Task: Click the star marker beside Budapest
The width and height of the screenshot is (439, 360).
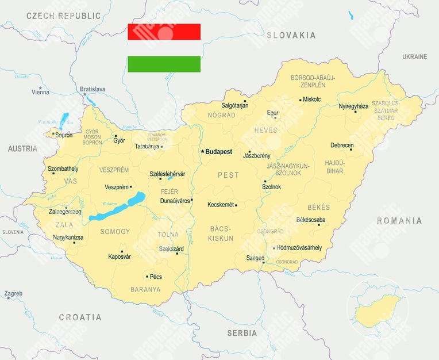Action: click(x=202, y=152)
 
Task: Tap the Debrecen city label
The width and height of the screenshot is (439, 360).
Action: click(x=342, y=145)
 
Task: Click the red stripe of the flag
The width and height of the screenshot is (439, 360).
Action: click(x=164, y=32)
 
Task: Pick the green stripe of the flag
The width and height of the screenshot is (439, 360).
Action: click(x=164, y=64)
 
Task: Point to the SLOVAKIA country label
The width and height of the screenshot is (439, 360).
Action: click(x=291, y=35)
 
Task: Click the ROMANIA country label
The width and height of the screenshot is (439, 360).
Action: click(x=399, y=220)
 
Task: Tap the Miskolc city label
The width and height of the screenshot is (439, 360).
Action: click(x=312, y=99)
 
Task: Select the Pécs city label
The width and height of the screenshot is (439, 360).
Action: click(x=156, y=277)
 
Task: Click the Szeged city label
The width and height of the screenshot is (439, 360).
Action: click(x=255, y=258)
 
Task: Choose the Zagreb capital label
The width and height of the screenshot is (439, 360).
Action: click(x=13, y=293)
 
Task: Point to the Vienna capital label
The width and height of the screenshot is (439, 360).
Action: click(x=40, y=92)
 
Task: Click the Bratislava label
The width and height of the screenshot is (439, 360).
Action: click(x=93, y=89)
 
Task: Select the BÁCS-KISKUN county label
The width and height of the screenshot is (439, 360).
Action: click(x=221, y=233)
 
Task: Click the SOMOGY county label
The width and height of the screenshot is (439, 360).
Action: click(x=115, y=232)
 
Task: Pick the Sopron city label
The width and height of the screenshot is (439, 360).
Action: click(x=64, y=135)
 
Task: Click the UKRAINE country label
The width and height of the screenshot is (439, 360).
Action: click(x=414, y=57)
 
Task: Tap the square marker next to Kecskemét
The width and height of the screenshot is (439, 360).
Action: click(x=236, y=205)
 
